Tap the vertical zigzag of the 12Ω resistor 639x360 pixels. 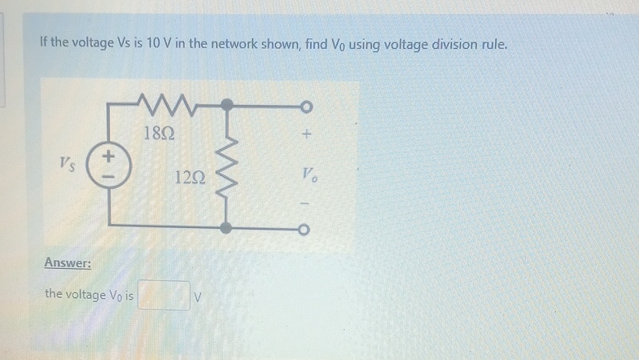coord(229,169)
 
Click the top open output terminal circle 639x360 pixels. coord(305,106)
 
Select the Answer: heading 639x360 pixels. coord(68,263)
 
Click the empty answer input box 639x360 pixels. coord(164,295)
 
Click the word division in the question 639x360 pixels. coord(451,42)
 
